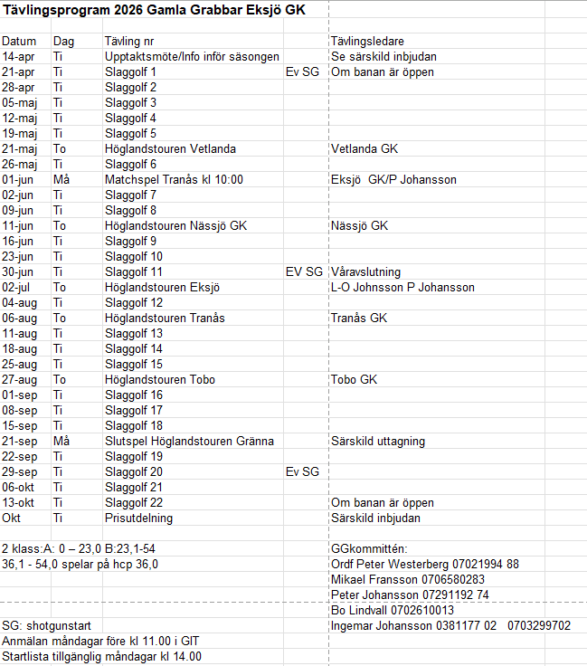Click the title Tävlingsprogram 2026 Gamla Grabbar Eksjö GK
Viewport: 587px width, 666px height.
(x=154, y=10)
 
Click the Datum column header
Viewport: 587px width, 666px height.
(x=19, y=42)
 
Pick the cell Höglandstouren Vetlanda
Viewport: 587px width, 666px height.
(x=170, y=149)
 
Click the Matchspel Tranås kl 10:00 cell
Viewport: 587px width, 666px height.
(x=174, y=180)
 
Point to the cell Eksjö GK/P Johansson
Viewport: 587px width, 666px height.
(x=393, y=180)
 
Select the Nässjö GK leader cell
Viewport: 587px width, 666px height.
(x=359, y=226)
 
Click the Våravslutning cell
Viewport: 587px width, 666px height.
(x=365, y=272)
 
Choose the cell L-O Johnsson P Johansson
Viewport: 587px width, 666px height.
(x=402, y=288)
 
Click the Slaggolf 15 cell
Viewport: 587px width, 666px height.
(x=134, y=365)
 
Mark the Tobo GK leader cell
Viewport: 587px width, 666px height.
(x=354, y=380)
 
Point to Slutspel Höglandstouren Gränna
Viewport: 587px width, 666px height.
(x=189, y=442)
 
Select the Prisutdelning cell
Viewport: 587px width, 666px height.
(x=138, y=519)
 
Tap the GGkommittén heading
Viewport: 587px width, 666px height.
(x=369, y=549)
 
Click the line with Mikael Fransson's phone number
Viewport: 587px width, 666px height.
(x=407, y=580)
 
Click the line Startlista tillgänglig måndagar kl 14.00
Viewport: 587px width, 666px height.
(x=101, y=657)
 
